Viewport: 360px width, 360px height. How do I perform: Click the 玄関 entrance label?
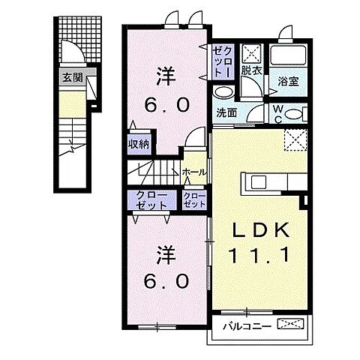click(72, 76)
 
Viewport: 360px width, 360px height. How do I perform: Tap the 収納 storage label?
click(138, 142)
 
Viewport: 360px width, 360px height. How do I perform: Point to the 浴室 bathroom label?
click(288, 82)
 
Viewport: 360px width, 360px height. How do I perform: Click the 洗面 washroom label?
click(226, 113)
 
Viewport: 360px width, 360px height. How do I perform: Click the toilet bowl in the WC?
click(295, 115)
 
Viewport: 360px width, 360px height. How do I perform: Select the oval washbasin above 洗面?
click(222, 91)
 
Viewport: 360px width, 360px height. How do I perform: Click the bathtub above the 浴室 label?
click(288, 56)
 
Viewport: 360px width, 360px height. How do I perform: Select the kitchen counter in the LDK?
click(270, 182)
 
